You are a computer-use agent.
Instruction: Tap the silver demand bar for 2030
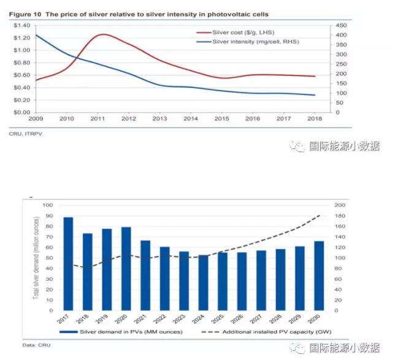pos(319,275)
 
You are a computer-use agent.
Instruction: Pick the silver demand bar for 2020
pos(126,269)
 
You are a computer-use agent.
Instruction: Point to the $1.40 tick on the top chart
pos(21,25)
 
